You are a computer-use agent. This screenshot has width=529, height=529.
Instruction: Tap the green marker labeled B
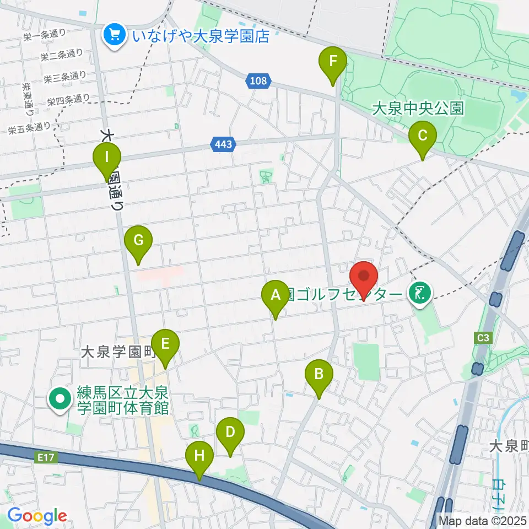point(319,375)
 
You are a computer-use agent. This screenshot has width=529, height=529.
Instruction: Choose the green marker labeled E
point(165,345)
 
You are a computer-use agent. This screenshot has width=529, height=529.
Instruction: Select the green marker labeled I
point(107,159)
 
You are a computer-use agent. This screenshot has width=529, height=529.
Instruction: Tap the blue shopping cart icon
point(115,36)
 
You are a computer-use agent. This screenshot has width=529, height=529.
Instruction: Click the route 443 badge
point(224,144)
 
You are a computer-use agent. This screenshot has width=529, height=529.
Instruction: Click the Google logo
point(37,516)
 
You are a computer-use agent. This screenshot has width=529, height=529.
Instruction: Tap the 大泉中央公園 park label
point(418,107)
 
